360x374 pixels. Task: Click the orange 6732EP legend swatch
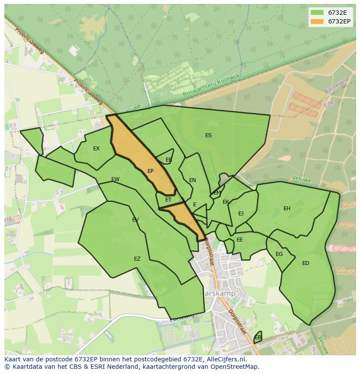click(318, 21)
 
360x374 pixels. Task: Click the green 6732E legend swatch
click(318, 13)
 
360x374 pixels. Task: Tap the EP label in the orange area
click(150, 171)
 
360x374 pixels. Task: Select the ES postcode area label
click(208, 136)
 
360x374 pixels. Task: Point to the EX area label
click(96, 149)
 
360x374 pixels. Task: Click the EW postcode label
click(115, 179)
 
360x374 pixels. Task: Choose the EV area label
click(135, 220)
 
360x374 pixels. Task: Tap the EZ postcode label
click(137, 259)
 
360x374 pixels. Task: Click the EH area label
click(287, 209)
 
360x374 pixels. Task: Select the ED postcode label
click(306, 263)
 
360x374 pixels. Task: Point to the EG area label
click(279, 254)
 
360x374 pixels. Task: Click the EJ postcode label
click(241, 213)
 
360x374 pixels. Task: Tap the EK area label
click(226, 202)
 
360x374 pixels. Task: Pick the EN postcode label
click(193, 180)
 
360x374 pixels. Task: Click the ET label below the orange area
click(168, 200)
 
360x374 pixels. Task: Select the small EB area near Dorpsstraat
click(258, 337)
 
